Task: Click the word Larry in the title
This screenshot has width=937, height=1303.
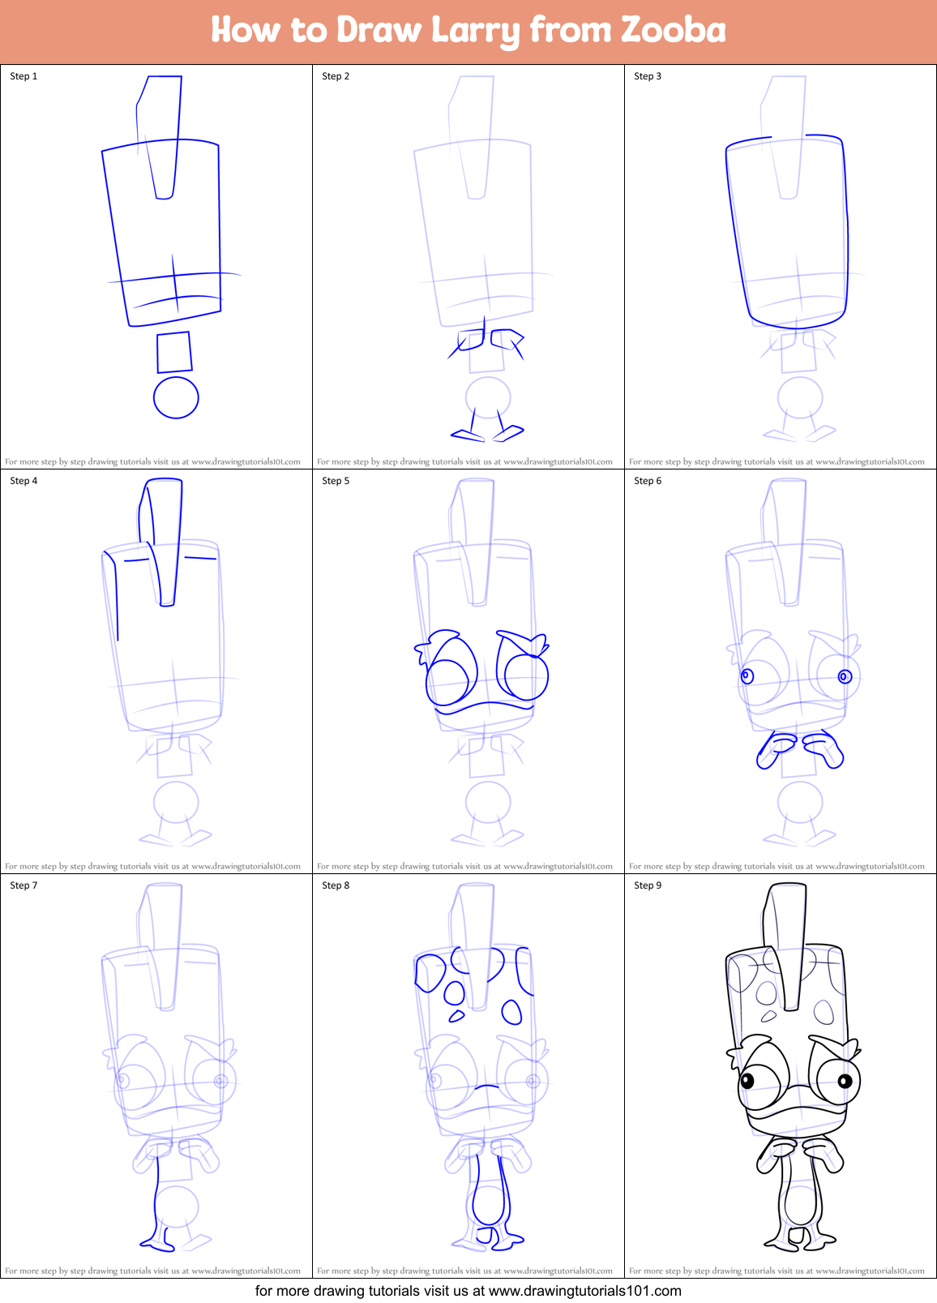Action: pos(475,31)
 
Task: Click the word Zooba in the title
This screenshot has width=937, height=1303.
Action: pos(673,30)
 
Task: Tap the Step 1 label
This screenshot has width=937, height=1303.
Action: pos(24,76)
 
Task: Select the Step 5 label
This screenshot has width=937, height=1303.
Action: pos(336,481)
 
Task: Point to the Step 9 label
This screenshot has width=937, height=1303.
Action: pos(648,885)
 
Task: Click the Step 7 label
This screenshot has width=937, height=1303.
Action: pos(24,885)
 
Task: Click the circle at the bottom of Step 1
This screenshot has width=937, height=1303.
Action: pos(176,397)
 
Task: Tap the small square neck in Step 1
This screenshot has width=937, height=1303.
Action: pos(174,352)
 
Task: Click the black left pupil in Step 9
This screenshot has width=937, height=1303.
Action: pos(747,1080)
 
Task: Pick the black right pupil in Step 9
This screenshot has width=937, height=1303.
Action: pos(845,1080)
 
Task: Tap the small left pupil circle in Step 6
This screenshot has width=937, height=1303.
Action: pos(747,675)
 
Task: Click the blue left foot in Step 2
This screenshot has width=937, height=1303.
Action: pos(468,436)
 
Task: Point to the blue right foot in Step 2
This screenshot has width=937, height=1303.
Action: pos(508,434)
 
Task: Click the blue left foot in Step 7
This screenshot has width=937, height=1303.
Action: pos(156,1241)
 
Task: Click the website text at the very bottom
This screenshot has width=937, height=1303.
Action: pos(468,1291)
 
